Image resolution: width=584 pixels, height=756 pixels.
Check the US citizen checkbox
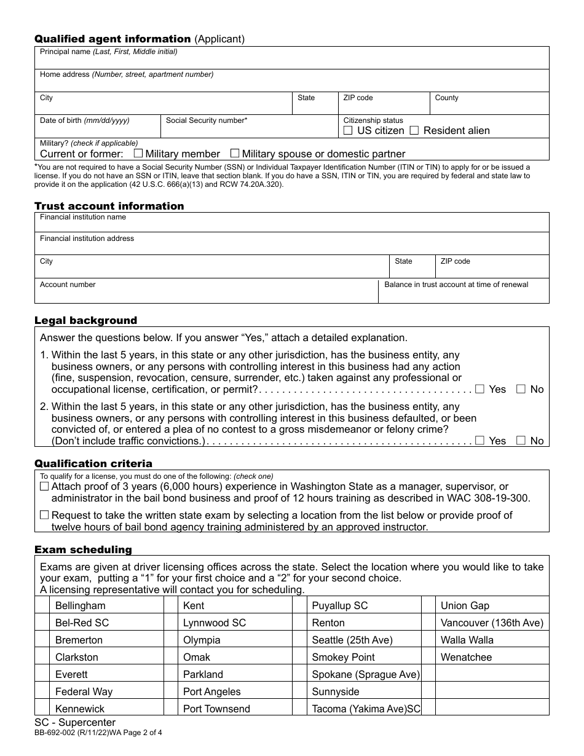348,130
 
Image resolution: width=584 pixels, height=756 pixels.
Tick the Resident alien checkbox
414,130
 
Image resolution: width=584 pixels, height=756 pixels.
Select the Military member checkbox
138,154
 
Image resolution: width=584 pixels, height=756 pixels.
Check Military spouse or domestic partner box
235,154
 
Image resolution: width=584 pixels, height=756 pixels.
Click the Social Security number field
249,130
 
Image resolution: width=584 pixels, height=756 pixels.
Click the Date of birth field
97,130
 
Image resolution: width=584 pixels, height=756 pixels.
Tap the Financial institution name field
291,225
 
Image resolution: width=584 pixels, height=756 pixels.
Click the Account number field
206,294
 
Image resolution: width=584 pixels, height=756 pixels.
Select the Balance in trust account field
463,295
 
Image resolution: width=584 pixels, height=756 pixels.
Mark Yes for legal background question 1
480,389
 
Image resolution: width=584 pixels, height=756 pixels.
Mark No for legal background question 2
521,441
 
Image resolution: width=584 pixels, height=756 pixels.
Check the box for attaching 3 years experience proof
44,486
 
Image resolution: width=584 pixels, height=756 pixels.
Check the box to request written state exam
44,515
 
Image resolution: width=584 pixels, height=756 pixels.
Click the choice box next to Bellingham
42,605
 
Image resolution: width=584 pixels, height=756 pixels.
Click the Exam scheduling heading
83,549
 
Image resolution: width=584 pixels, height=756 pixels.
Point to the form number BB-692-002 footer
98,733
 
